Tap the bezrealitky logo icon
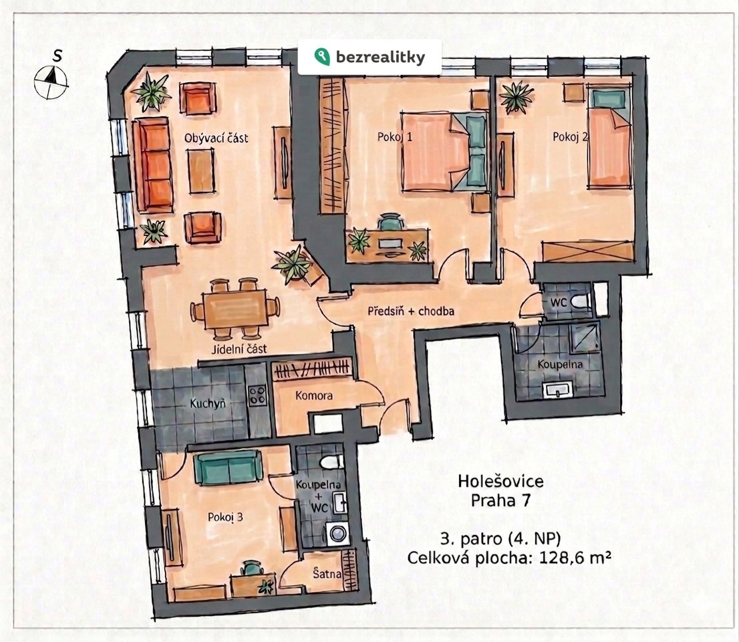click(x=322, y=57)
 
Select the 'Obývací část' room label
click(x=216, y=138)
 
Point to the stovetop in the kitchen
click(x=258, y=395)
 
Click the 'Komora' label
click(x=314, y=395)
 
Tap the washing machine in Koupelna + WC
click(x=338, y=533)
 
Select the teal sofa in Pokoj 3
click(x=228, y=467)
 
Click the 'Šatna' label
click(x=327, y=574)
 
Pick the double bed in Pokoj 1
click(x=444, y=151)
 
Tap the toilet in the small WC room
click(x=580, y=300)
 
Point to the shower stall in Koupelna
click(x=585, y=337)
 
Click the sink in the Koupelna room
click(x=557, y=390)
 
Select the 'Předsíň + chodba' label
click(x=411, y=311)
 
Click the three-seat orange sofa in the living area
click(x=153, y=165)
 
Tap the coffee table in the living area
click(x=201, y=171)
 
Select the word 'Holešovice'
click(x=500, y=481)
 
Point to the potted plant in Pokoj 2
click(x=516, y=97)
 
